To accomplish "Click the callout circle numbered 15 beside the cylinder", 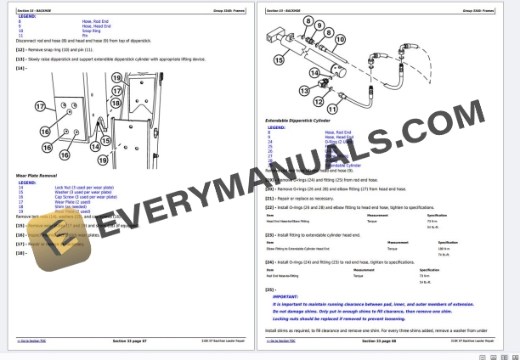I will click(279, 60).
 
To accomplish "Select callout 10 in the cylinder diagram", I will click(340, 39).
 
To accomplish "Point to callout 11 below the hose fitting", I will click(331, 109).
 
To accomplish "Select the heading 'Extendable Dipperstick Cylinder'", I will click(297, 121).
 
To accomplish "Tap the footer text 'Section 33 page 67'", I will click(130, 340).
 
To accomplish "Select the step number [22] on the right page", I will click(270, 206).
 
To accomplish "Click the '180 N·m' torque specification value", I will click(444, 249).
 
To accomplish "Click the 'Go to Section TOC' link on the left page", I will click(31, 340).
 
